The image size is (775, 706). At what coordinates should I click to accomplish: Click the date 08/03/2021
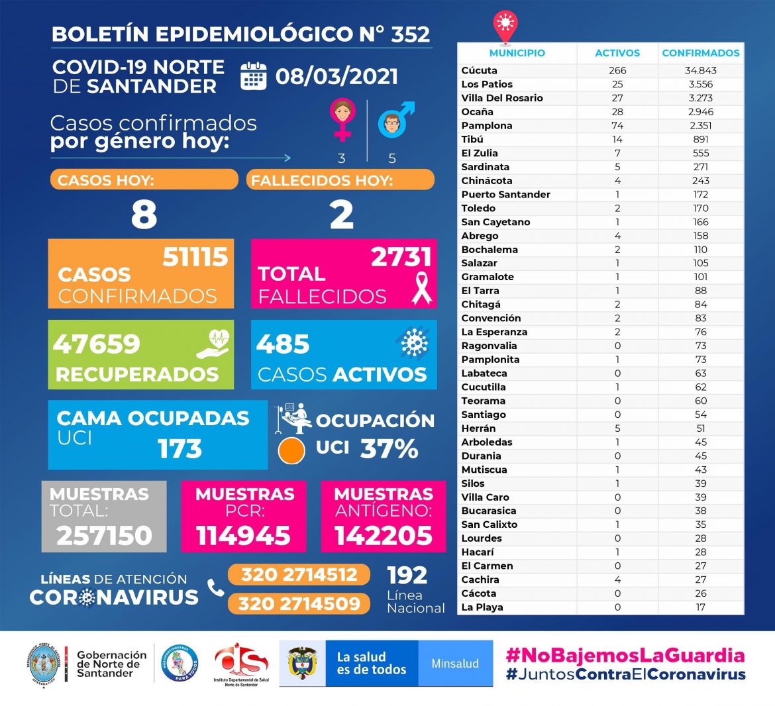[x=336, y=76]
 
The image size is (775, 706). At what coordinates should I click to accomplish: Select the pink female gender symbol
[x=342, y=119]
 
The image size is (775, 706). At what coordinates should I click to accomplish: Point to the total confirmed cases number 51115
[x=195, y=257]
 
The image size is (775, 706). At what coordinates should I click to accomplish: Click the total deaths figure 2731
[x=401, y=257]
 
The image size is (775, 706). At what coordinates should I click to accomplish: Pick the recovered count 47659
[x=97, y=344]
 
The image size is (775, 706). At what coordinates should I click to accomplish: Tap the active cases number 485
[x=283, y=344]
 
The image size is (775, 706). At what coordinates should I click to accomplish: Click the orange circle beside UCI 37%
[x=291, y=450]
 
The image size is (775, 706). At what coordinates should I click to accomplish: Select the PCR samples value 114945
[x=243, y=535]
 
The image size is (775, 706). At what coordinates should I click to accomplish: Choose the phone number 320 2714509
[x=299, y=603]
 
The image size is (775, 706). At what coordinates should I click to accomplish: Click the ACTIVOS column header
[x=617, y=53]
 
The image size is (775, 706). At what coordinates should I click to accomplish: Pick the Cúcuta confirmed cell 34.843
[x=700, y=70]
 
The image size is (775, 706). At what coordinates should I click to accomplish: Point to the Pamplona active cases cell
[x=617, y=125]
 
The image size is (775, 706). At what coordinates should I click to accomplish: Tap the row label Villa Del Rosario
[x=502, y=98]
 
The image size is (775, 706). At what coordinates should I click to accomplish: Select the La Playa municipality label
[x=482, y=607]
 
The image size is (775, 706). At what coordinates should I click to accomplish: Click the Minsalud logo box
[x=455, y=663]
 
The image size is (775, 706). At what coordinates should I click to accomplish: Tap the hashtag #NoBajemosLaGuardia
[x=625, y=656]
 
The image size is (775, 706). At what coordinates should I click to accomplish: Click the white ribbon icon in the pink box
[x=421, y=287]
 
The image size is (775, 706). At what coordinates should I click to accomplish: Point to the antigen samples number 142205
[x=383, y=535]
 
